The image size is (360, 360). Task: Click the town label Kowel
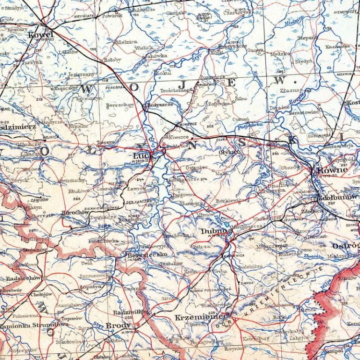tap(41, 35)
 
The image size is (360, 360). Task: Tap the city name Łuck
tap(144, 156)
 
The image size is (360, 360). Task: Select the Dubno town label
tap(210, 231)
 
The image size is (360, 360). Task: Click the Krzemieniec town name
tap(194, 317)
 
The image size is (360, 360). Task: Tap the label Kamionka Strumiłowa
tap(34, 324)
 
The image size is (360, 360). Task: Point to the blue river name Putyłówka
tap(251, 125)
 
